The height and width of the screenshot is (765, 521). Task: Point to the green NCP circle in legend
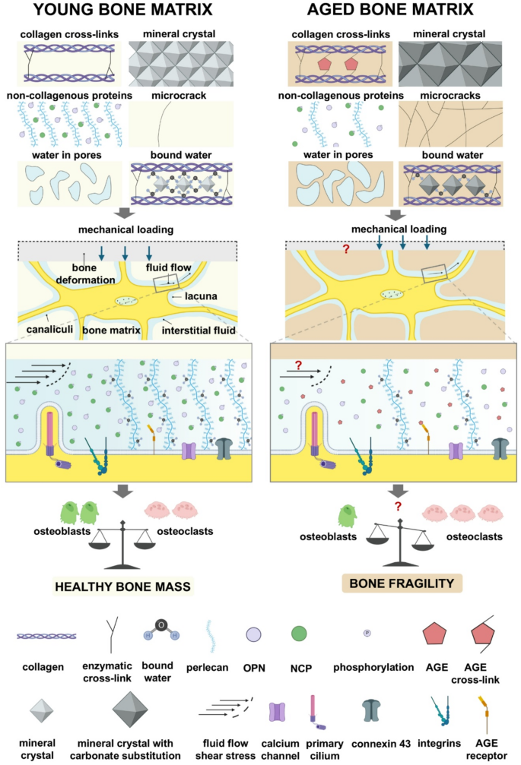(x=300, y=633)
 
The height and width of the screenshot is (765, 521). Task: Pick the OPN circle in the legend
(x=253, y=633)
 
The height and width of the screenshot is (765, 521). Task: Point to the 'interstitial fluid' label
(x=197, y=332)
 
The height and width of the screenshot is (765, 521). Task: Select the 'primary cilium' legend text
(x=323, y=746)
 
